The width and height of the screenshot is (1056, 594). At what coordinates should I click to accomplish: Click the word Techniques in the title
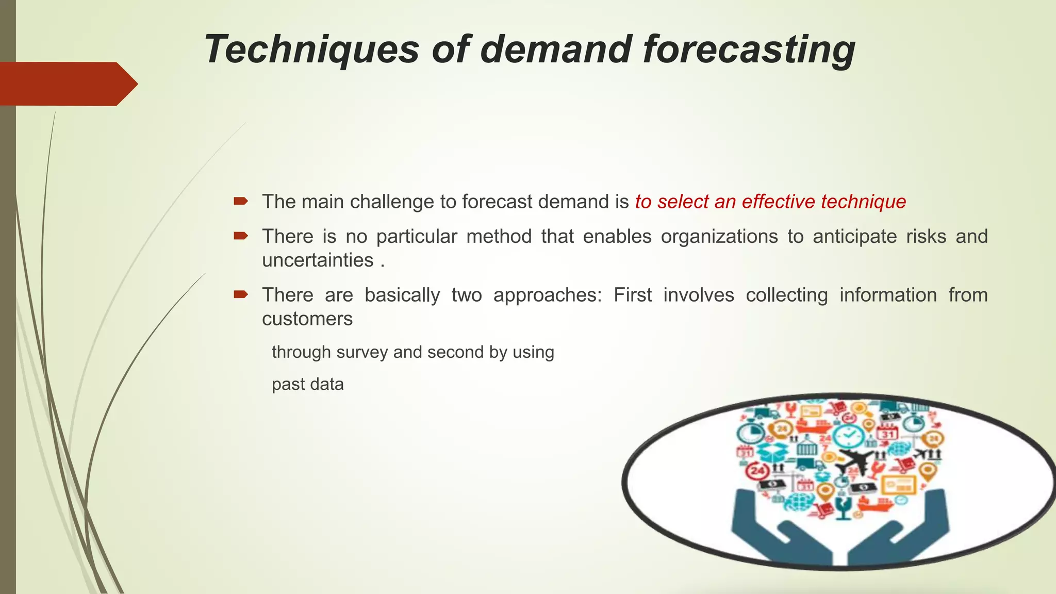[311, 49]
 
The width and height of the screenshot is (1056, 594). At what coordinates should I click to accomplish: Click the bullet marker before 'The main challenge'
[241, 201]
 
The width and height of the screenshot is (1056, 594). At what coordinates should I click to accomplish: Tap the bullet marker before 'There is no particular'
[241, 236]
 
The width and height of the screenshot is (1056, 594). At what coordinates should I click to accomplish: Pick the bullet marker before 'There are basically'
[241, 294]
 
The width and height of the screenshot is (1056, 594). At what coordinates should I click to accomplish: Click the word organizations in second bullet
[719, 236]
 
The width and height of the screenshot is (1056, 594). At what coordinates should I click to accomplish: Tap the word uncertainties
[318, 260]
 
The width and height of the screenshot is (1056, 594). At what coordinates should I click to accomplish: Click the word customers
[307, 319]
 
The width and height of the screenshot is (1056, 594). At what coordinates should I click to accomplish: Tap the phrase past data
[308, 384]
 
